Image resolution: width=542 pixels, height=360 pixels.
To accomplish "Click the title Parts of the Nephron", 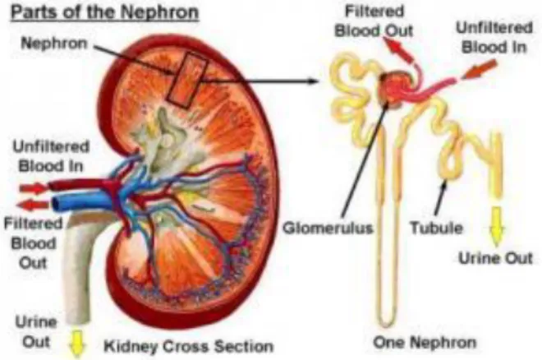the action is pos(105,13).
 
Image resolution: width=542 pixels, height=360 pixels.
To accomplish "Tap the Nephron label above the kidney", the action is pos(54,44).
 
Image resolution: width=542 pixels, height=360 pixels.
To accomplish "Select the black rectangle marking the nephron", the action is pos(187,79).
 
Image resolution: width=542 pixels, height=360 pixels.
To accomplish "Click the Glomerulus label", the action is pos(328,228).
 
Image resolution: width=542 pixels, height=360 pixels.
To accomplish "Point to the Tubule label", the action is pos(436,228).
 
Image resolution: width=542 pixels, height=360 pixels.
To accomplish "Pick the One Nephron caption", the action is pos(425,343).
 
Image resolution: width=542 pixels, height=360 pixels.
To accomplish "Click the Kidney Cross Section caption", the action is pos(189,346).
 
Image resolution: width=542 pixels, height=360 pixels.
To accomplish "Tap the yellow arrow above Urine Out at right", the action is pos(496,227).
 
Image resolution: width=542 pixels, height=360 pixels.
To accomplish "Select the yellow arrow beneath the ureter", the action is pos(77,344).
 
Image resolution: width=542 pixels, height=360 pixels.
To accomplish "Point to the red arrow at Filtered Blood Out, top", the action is pos(399,49).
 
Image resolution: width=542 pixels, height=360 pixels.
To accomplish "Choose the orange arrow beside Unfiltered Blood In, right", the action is pos(479,70).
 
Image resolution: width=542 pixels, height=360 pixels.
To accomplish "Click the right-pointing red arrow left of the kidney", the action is pos(34,188).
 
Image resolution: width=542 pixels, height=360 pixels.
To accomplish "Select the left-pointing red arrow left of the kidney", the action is pos(32,205).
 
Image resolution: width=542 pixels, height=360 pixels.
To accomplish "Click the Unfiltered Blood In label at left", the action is pos(51,156).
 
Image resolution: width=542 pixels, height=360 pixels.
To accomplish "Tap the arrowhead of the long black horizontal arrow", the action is pos(313,81).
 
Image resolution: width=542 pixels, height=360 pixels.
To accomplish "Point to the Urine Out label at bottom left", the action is pos(36,332).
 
